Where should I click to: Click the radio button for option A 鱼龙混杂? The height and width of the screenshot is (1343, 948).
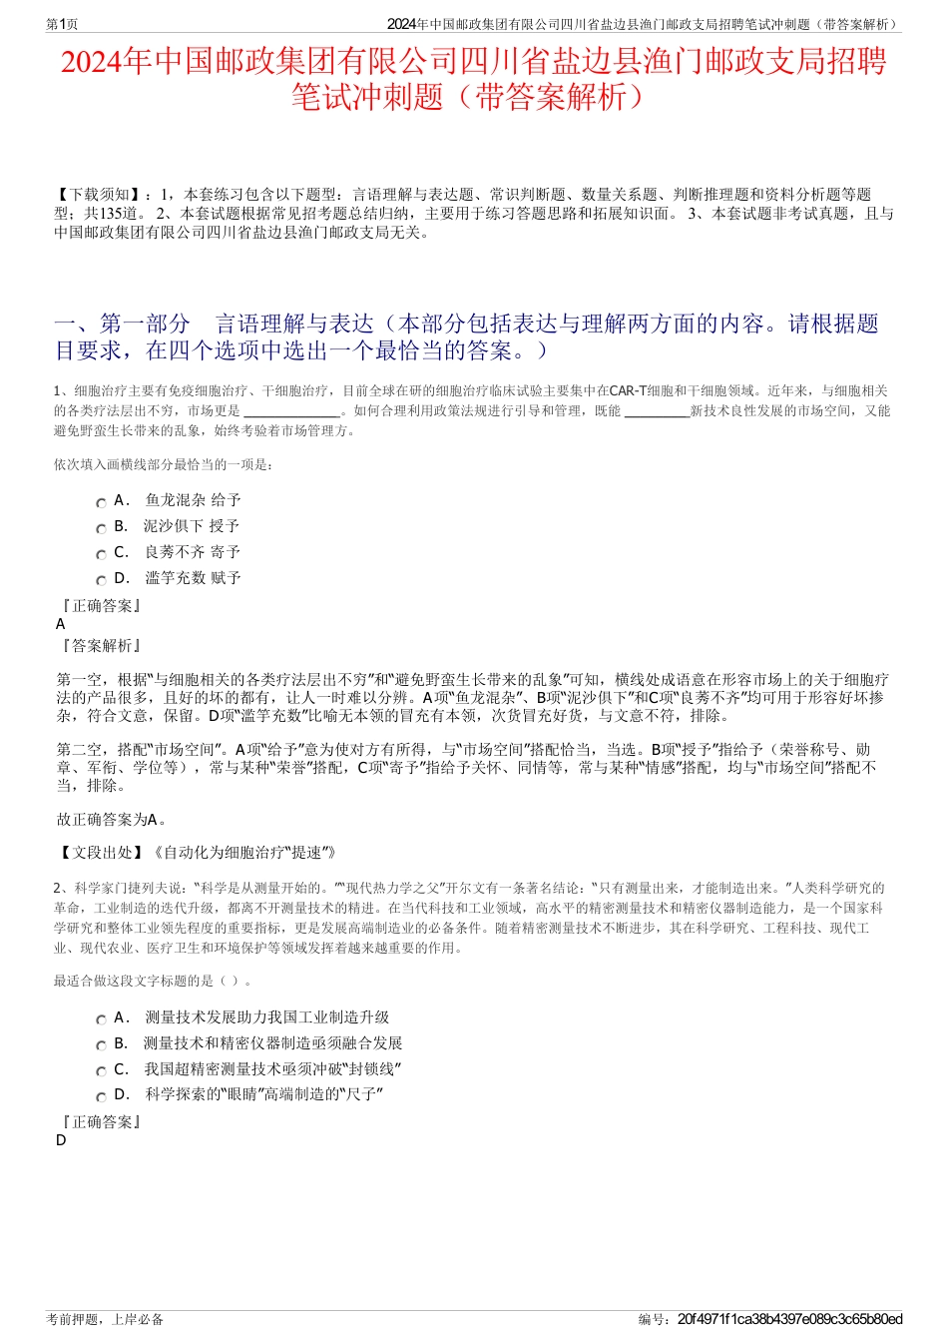(x=101, y=503)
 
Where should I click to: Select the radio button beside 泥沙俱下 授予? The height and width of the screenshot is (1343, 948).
(x=101, y=529)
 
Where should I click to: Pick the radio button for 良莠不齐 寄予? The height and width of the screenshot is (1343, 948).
(x=101, y=555)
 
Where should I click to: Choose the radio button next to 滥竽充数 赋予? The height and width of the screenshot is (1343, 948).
(x=101, y=581)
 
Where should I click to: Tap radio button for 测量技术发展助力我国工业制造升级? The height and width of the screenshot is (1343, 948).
(x=101, y=1020)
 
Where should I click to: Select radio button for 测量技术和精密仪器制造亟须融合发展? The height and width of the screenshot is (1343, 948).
(x=101, y=1046)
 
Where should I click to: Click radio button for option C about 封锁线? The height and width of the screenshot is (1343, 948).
(x=101, y=1072)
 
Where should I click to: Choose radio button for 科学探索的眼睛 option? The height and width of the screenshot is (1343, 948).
(x=101, y=1098)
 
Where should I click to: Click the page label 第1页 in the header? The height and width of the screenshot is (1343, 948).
(x=63, y=24)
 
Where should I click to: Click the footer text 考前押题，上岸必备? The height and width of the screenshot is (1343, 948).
(x=105, y=1319)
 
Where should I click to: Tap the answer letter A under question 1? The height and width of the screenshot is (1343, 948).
(x=61, y=624)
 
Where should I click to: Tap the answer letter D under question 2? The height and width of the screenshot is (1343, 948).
(x=61, y=1140)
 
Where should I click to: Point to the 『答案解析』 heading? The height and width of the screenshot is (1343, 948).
(x=100, y=646)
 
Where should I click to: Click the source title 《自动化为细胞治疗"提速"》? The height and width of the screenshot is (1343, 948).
(x=243, y=853)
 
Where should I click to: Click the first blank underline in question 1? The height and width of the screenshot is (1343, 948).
(x=291, y=411)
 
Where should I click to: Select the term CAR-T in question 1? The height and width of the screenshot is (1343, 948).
(x=628, y=390)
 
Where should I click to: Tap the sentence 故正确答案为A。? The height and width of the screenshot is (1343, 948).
(x=112, y=820)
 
